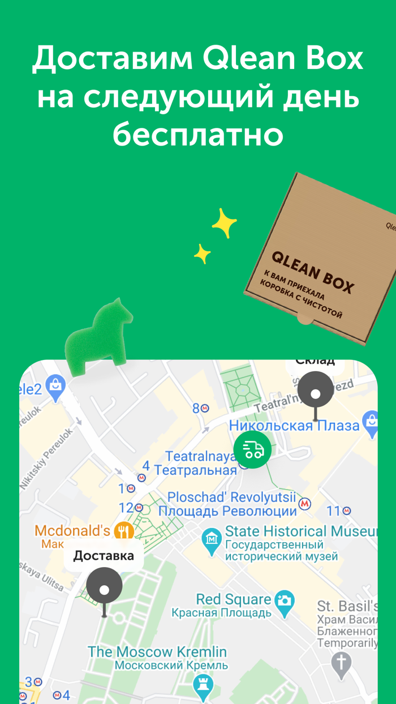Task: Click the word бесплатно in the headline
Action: click(198, 134)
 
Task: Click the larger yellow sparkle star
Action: click(225, 224)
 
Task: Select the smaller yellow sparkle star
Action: click(202, 254)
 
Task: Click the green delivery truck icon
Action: click(252, 449)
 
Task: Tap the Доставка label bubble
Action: click(104, 555)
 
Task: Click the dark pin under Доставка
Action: click(104, 589)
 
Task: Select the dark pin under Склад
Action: click(316, 392)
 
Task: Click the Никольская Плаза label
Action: click(294, 426)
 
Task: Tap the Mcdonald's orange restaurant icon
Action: click(124, 531)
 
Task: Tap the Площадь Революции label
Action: click(227, 511)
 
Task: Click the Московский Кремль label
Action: click(171, 666)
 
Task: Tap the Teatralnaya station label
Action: click(200, 456)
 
